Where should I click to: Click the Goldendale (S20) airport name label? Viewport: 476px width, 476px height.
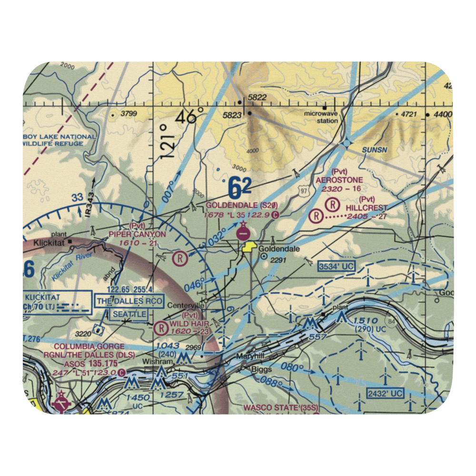pos(241,206)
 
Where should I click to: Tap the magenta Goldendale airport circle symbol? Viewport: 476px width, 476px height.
pos(243,233)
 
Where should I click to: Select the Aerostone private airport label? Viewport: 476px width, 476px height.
pos(339,180)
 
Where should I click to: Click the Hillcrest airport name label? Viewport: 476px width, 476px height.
pos(367,208)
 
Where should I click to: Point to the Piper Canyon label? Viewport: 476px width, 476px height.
pos(138,234)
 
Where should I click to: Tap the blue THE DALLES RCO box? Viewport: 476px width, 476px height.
pos(130,301)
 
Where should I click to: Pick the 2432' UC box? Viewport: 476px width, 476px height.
pos(385,393)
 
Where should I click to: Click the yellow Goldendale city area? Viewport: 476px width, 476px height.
pos(248,247)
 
